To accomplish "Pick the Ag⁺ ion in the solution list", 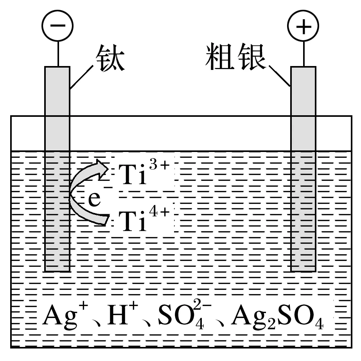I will click(x=59, y=317).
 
